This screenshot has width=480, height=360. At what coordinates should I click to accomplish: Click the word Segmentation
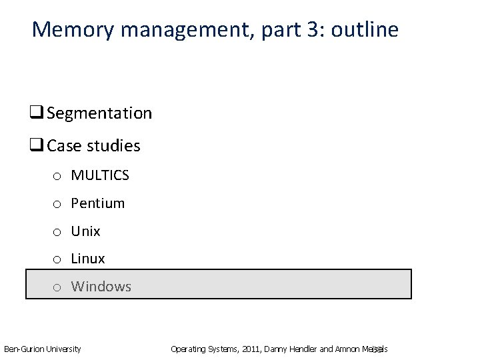[99, 114]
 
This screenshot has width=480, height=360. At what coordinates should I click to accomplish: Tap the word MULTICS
[100, 175]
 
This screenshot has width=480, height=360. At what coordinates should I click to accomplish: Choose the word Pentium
[98, 203]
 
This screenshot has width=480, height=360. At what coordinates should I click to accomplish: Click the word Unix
[85, 231]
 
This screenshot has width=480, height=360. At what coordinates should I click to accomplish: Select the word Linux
[88, 258]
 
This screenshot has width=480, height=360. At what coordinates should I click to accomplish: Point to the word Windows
[101, 287]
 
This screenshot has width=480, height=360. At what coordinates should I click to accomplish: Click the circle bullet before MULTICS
[58, 176]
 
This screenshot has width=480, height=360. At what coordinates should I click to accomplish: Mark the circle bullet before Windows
[58, 287]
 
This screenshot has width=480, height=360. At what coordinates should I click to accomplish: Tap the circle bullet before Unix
[58, 232]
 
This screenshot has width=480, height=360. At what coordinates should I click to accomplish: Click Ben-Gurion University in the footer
[43, 349]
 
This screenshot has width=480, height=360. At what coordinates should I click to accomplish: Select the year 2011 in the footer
[251, 349]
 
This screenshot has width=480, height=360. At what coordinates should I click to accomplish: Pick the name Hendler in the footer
[298, 349]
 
